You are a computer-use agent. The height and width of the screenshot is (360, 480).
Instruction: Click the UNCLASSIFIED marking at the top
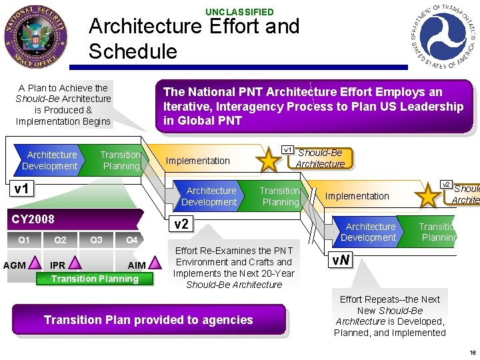pos(239,12)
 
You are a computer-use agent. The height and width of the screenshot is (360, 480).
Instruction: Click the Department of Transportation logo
pos(443,36)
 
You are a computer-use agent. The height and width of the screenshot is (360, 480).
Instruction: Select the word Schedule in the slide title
pos(133,51)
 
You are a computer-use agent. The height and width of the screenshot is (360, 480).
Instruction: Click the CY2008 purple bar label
pos(33,219)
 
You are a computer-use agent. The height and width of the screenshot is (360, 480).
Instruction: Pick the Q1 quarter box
pos(24,240)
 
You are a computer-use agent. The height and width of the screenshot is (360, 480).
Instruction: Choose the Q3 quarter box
pos(96,240)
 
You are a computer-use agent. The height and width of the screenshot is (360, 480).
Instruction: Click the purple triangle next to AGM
pos(36,265)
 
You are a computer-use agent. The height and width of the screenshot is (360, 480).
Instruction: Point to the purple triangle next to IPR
pos(74,265)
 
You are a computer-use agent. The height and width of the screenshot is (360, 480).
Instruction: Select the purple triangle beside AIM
pos(155,265)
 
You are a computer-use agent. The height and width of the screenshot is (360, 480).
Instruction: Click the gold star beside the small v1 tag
pos(269,161)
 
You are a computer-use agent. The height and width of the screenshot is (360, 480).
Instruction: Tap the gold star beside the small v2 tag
pos(429,196)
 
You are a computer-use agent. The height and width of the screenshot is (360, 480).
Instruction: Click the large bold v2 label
pos(181,224)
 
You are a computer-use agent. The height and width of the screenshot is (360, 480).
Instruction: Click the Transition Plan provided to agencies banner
pos(149,320)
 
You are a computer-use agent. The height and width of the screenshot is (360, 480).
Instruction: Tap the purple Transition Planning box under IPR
pos(95,279)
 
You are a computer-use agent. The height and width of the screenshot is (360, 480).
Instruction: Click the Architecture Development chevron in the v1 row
pos(51,160)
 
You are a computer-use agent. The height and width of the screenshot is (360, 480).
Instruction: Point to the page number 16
pos(473,353)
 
